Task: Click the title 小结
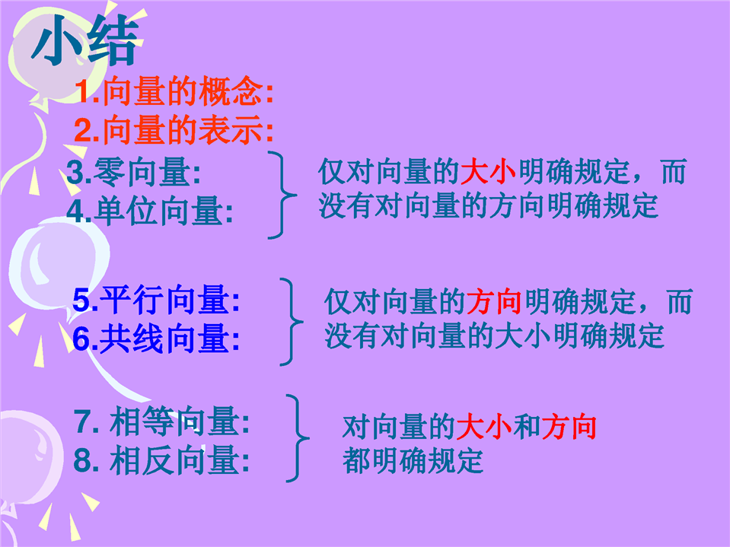(86, 41)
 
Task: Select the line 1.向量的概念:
(174, 91)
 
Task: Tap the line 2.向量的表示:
(174, 130)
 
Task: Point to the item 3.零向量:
(134, 172)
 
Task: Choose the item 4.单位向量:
(150, 211)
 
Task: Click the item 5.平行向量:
(157, 300)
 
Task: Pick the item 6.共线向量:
(157, 339)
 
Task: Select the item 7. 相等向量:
(161, 421)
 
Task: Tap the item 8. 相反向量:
(161, 460)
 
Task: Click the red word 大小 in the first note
(488, 171)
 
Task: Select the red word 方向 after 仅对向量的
(494, 301)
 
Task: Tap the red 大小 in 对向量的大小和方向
(484, 427)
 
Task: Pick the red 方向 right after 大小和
(569, 427)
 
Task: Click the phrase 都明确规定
(413, 460)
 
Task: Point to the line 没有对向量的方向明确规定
(489, 205)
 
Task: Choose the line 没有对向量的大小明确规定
(494, 336)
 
